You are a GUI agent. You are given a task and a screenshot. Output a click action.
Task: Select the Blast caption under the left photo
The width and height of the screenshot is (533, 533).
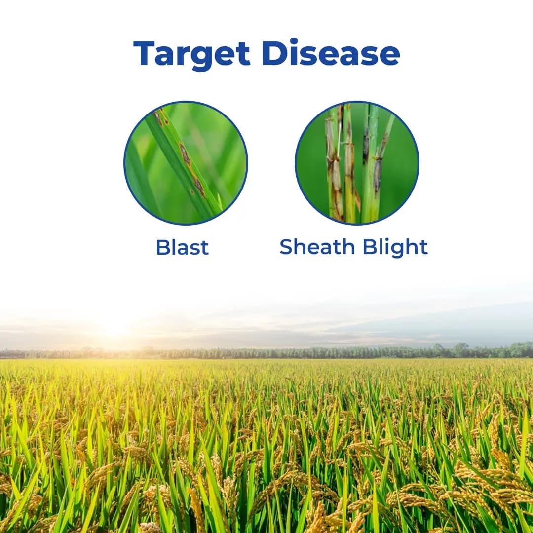(x=182, y=247)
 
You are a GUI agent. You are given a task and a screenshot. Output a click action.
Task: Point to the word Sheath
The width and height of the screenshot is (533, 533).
(x=317, y=247)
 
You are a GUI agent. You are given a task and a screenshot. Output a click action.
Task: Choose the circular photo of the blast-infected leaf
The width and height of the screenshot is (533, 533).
(x=186, y=163)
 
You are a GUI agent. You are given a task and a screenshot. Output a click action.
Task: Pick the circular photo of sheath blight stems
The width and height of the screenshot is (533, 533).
(x=357, y=163)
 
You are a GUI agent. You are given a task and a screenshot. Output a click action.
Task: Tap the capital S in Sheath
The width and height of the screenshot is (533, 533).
(x=286, y=247)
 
